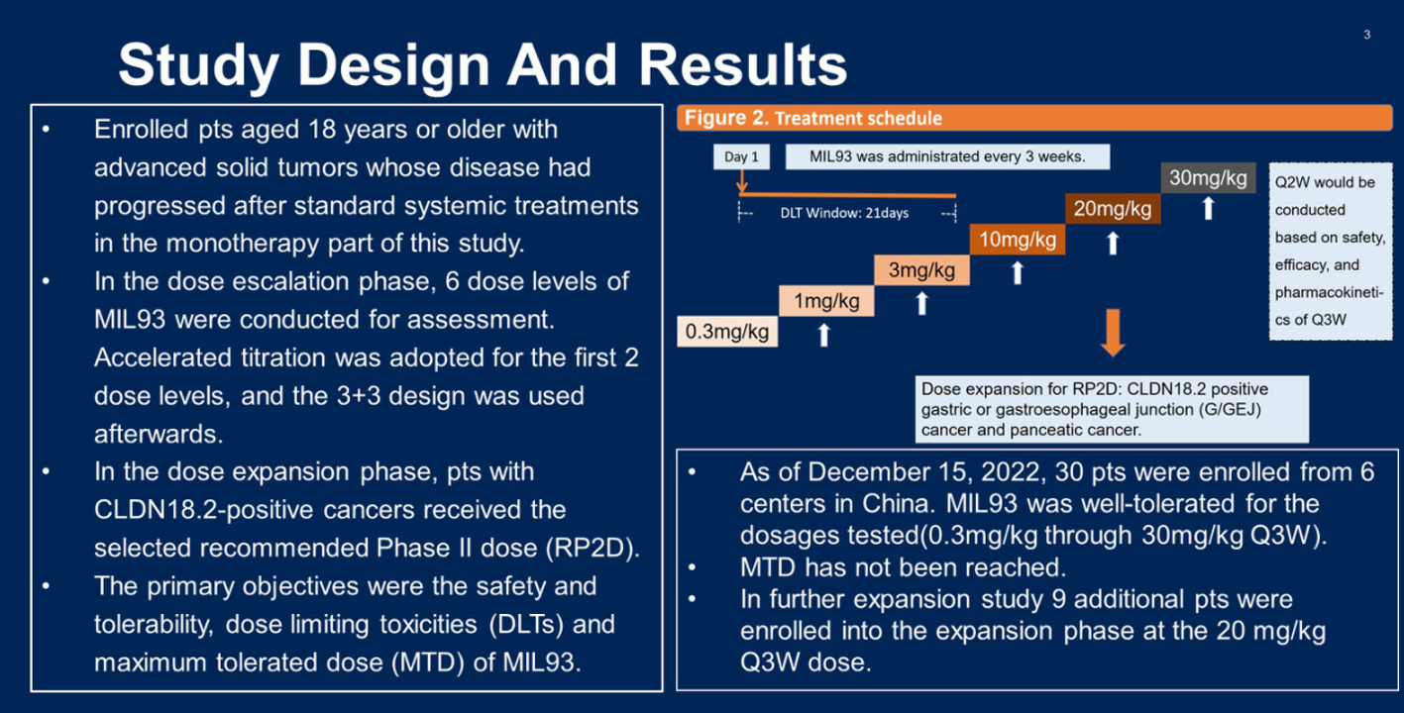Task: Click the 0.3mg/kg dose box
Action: click(727, 332)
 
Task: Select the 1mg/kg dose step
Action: click(826, 301)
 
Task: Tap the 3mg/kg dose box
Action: click(922, 270)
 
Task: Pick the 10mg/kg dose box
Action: click(1018, 240)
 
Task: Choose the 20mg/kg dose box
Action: click(1113, 209)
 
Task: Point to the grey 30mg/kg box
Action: click(1208, 178)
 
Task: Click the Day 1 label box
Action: click(741, 156)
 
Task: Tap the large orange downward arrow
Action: click(1113, 333)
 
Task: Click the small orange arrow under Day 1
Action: click(742, 181)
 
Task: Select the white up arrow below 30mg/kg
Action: click(1208, 208)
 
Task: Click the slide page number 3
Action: click(1367, 35)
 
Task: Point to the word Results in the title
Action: click(743, 65)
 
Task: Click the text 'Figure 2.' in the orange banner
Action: click(726, 118)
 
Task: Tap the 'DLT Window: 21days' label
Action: click(844, 214)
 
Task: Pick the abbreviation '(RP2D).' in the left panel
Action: click(593, 549)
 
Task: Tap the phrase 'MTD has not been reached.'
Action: click(904, 567)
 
